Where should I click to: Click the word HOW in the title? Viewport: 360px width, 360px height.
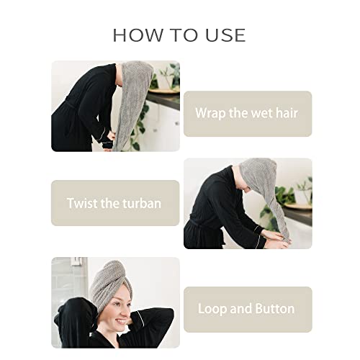point(133,35)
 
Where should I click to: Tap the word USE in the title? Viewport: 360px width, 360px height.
point(222,35)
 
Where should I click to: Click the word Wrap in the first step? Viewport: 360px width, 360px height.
point(211,114)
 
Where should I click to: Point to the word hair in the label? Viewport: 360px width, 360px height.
point(284,114)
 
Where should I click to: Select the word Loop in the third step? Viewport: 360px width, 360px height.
point(213,309)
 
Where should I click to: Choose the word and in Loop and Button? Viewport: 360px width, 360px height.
point(240,309)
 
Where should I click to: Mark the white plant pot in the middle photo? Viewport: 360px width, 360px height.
point(302,199)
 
